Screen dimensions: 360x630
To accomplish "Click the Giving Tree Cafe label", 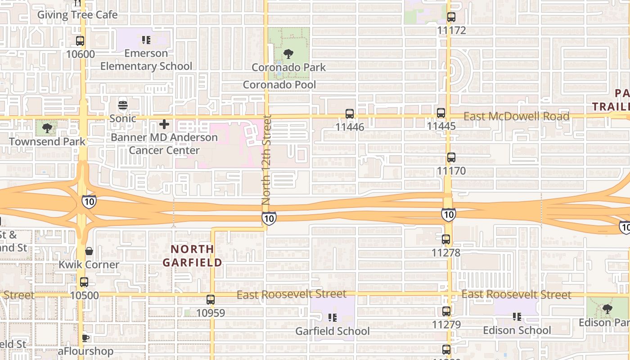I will tap(77, 15).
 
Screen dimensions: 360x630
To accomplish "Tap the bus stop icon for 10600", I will tap(80, 41).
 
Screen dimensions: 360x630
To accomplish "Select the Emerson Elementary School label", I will tap(146, 60).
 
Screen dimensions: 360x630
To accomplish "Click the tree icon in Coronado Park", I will tap(288, 54).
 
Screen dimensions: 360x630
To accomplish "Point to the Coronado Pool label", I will tap(279, 85).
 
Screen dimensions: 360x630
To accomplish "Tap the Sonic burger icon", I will tap(123, 106).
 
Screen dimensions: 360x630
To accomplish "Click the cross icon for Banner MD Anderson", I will tap(164, 124).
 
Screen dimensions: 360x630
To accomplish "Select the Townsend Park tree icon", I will tap(47, 128).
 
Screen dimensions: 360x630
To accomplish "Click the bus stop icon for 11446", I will tap(350, 114).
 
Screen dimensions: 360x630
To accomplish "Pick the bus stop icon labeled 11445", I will tap(441, 113).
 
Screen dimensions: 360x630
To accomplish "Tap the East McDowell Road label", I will tap(516, 117).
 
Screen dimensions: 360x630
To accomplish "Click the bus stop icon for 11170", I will tap(451, 158).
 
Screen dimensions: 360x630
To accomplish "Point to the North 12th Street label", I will tap(267, 160).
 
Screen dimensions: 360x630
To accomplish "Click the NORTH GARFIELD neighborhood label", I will tap(192, 256).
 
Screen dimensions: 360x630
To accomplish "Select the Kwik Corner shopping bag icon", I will tap(89, 251).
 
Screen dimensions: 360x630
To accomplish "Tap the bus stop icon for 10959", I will tap(211, 299).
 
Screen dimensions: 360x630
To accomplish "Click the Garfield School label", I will tap(332, 331).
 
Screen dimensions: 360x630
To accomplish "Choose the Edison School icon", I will tap(517, 317).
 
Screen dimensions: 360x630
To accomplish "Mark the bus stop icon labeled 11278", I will tap(446, 239).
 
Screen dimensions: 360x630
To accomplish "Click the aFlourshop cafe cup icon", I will tap(85, 337).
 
